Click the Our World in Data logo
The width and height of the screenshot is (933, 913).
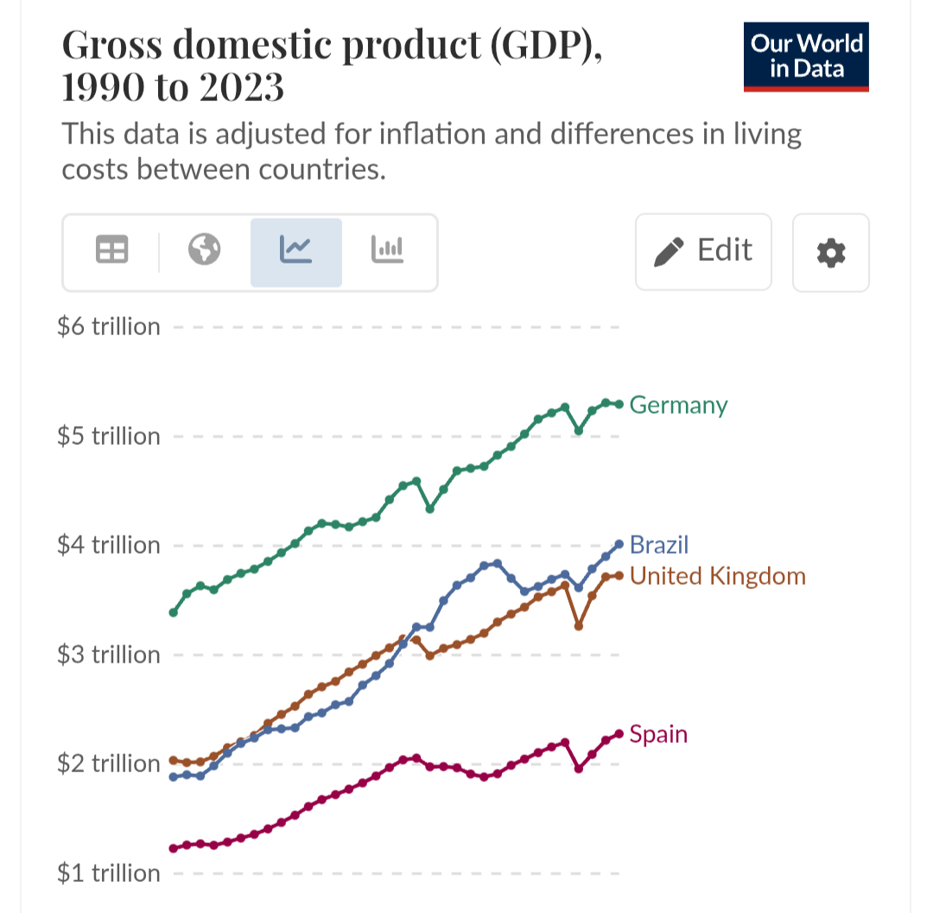805,56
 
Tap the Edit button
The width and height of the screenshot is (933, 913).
703,251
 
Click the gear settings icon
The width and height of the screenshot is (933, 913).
830,252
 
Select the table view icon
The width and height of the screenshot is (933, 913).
111,250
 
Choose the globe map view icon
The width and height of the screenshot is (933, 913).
205,250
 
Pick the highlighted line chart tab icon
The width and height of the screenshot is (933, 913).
295,250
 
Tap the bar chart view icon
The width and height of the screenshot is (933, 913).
387,250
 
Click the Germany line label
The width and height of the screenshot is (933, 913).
678,405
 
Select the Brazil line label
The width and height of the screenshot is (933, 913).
659,545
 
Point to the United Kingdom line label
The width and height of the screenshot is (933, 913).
717,576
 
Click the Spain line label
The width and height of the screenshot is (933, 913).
658,735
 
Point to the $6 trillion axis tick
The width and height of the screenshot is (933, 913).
109,327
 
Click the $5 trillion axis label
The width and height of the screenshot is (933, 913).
109,436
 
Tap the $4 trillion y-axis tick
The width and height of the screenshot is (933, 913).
109,546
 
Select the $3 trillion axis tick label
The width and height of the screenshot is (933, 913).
109,655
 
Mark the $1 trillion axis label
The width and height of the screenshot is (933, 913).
109,873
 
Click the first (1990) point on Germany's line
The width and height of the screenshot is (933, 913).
174,612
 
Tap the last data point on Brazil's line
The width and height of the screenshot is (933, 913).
619,544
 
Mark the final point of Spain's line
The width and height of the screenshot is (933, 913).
619,734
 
